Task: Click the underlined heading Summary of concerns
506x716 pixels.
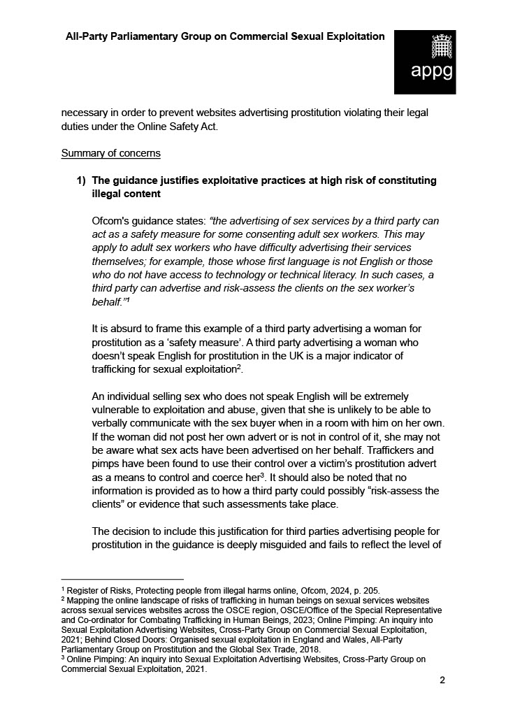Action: pyautogui.click(x=110, y=153)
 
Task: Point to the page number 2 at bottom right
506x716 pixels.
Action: pyautogui.click(x=442, y=680)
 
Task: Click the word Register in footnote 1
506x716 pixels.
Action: pyautogui.click(x=82, y=591)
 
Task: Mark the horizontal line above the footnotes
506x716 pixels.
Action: pyautogui.click(x=122, y=579)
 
